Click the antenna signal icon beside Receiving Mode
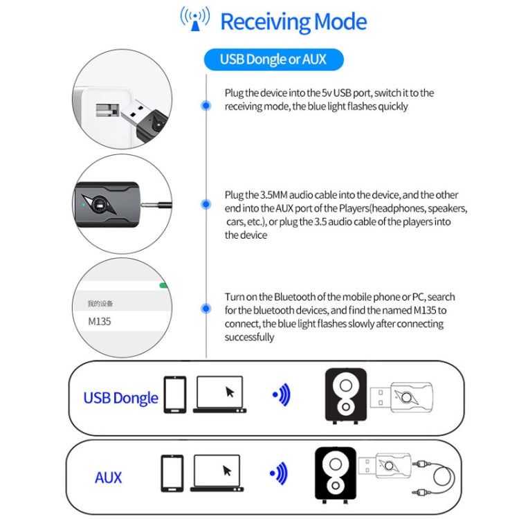(x=194, y=19)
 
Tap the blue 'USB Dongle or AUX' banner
(x=273, y=60)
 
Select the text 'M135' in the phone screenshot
(x=99, y=321)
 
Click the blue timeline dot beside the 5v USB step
(x=206, y=105)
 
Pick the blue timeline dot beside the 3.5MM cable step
(x=206, y=204)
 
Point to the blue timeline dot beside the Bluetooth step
(x=206, y=309)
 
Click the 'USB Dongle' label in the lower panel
(x=120, y=398)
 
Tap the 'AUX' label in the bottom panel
(x=108, y=477)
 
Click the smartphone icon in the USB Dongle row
(x=174, y=394)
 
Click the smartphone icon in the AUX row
(x=172, y=473)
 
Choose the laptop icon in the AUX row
(x=217, y=473)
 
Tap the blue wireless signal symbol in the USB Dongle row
(x=280, y=395)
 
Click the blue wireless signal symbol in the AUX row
(x=277, y=474)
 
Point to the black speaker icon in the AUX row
(x=336, y=475)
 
